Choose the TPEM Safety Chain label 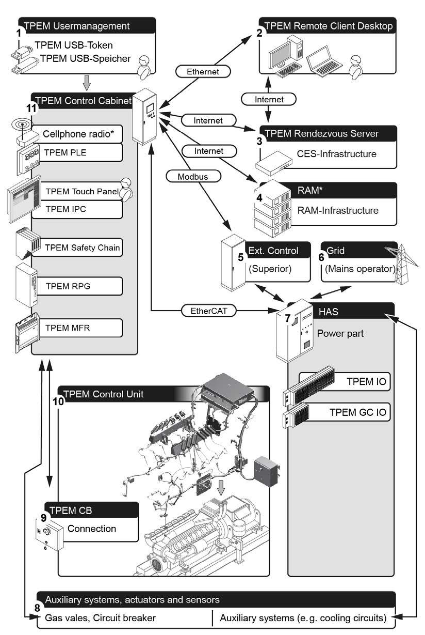click(82, 247)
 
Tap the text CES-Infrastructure click(336, 153)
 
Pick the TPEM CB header click(91, 511)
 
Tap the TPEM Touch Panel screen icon click(23, 199)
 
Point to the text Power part click(340, 333)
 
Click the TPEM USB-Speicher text click(85, 58)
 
